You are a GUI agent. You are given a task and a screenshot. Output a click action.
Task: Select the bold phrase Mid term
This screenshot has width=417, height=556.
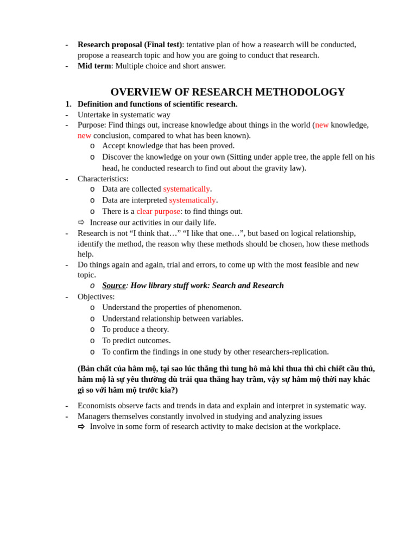94,66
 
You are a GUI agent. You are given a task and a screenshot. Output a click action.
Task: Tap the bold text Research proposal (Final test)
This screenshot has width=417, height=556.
129,45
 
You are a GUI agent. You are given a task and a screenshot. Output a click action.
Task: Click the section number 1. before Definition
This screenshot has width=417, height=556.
68,104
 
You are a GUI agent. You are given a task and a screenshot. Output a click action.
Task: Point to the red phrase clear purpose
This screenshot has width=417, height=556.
158,211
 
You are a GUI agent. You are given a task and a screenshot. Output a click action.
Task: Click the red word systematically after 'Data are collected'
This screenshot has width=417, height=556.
186,189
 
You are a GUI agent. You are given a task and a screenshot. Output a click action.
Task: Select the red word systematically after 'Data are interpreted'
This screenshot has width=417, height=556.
192,200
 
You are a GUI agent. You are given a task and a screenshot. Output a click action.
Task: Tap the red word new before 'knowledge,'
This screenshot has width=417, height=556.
322,125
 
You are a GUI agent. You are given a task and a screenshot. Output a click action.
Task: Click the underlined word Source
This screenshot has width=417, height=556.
114,286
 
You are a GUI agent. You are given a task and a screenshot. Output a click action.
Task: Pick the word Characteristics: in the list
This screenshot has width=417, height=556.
103,179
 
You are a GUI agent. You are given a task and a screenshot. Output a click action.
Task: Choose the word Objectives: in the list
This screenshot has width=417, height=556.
96,296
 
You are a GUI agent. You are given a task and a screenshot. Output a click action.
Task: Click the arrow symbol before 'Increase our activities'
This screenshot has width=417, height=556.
81,222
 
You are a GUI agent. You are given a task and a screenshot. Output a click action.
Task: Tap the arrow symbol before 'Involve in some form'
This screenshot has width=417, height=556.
81,426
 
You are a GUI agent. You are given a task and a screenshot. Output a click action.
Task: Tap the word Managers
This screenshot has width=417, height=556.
95,416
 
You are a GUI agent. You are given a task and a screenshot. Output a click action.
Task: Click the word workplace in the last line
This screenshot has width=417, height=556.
320,426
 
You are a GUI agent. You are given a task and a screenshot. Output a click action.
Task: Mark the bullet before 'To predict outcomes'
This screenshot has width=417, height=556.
92,340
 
